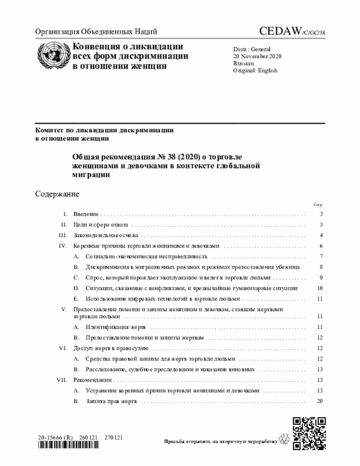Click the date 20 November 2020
258,57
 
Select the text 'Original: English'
255,71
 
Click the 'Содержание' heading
57,194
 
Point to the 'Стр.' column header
318,205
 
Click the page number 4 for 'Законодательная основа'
320,235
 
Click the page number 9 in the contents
320,277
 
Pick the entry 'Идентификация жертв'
115,327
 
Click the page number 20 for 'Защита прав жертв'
319,401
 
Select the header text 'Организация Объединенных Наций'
96,32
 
